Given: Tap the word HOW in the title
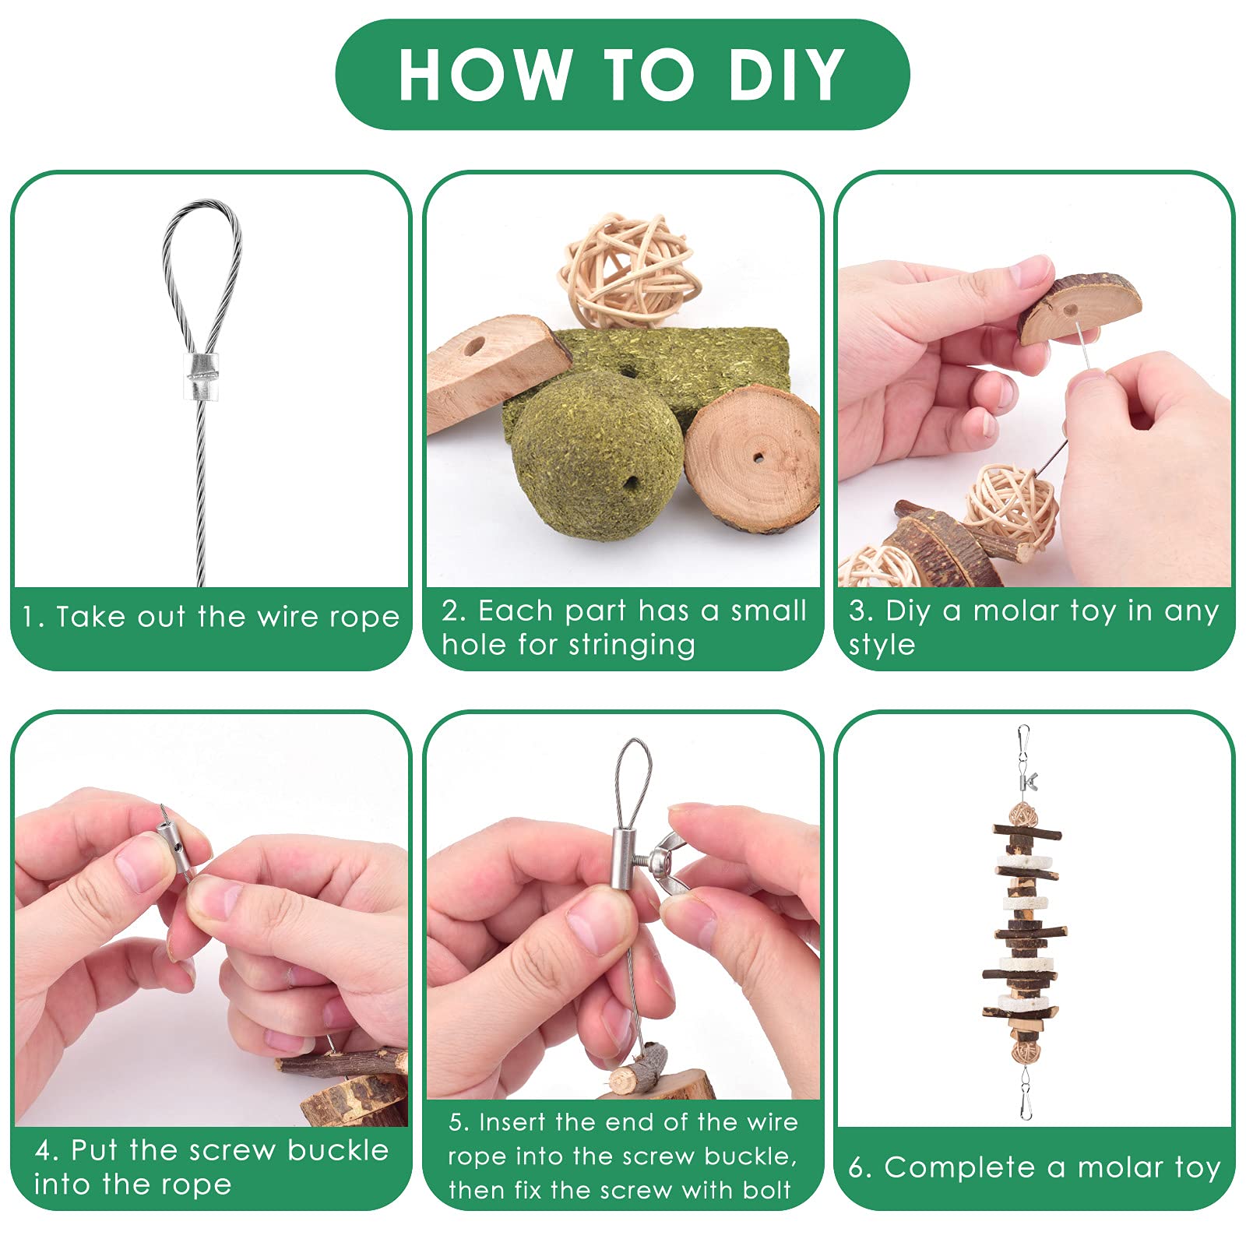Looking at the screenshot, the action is pyautogui.click(x=484, y=74).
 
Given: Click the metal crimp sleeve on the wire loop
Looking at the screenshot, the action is pyautogui.click(x=202, y=376).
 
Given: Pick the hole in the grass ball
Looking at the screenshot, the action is pyautogui.click(x=630, y=483).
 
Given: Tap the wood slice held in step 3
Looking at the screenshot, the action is pyautogui.click(x=1079, y=308).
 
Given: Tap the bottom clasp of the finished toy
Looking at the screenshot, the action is pyautogui.click(x=1026, y=1094).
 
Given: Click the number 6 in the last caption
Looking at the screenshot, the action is pyautogui.click(x=857, y=1167).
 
